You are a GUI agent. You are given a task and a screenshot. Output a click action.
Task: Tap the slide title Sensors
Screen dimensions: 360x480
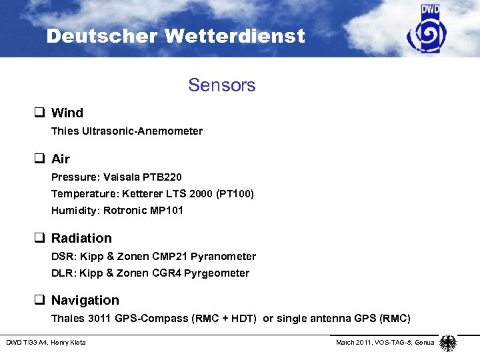[222, 85]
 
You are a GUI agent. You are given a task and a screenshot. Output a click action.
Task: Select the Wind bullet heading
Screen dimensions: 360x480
[67, 113]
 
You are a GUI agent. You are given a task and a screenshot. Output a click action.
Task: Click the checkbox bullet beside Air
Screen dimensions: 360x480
[41, 159]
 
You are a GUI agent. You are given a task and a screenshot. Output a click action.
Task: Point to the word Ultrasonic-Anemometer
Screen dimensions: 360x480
[143, 131]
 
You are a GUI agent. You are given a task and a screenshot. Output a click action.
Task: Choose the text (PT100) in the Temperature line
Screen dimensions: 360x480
[233, 194]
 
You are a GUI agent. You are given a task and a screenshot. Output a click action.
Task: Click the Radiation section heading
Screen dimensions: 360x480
[81, 238]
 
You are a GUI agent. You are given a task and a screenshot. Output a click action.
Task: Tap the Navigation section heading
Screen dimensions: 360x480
[85, 300]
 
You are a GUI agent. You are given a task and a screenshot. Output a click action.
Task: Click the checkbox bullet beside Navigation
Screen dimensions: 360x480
[41, 301]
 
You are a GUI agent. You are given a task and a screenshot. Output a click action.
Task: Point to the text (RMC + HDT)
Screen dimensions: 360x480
[224, 318]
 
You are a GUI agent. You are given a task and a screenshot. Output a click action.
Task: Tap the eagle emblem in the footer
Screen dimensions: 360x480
[448, 343]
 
